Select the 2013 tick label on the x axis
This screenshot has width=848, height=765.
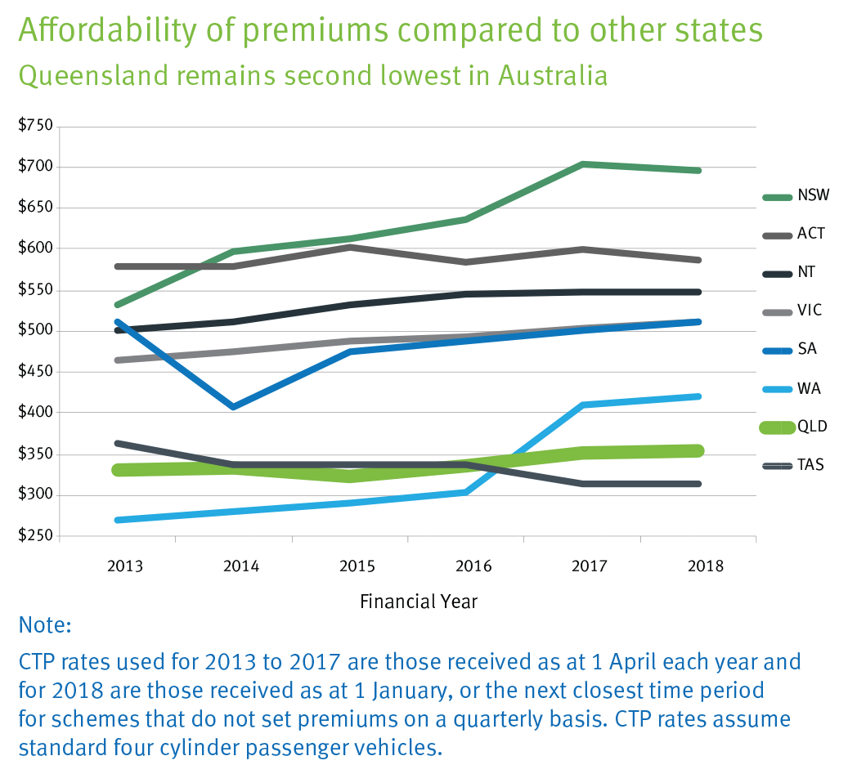click(124, 566)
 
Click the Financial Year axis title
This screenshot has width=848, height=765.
click(419, 602)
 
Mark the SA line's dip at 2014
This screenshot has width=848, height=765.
click(233, 406)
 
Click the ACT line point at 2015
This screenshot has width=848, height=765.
click(350, 247)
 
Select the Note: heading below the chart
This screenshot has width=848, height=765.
click(45, 626)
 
